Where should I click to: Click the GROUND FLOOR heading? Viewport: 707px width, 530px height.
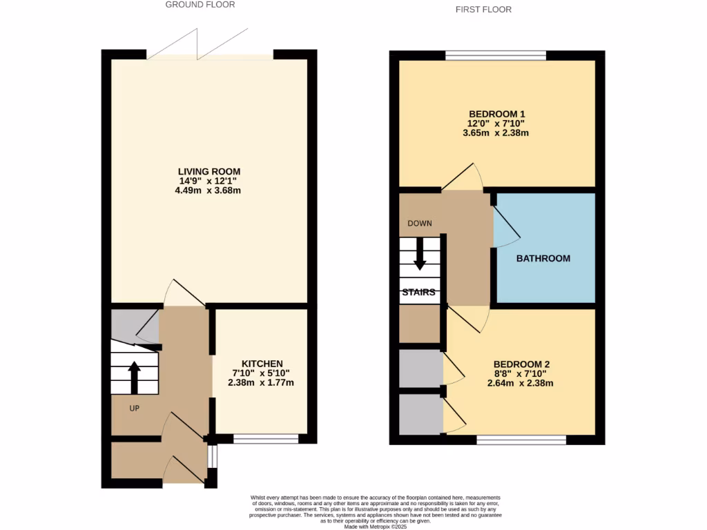click(200, 5)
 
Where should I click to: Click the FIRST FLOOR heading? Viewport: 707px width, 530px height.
click(483, 10)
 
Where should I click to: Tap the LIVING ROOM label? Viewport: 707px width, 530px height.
click(209, 171)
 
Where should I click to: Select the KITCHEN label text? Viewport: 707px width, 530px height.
click(262, 364)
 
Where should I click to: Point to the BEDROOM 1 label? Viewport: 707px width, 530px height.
click(492, 114)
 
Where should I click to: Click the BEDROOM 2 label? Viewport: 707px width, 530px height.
click(521, 364)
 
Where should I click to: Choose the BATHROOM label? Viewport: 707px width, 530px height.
click(544, 259)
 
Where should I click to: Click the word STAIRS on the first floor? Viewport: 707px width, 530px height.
click(419, 292)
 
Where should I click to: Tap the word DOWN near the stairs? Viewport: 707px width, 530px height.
click(420, 223)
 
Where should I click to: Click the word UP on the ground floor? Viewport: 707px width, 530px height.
click(135, 408)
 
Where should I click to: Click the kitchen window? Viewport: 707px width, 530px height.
click(266, 438)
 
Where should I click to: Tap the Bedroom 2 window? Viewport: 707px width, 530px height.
click(521, 439)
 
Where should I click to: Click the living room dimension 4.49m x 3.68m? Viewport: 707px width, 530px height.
click(209, 190)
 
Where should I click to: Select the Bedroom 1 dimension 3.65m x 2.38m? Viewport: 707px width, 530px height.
click(496, 133)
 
